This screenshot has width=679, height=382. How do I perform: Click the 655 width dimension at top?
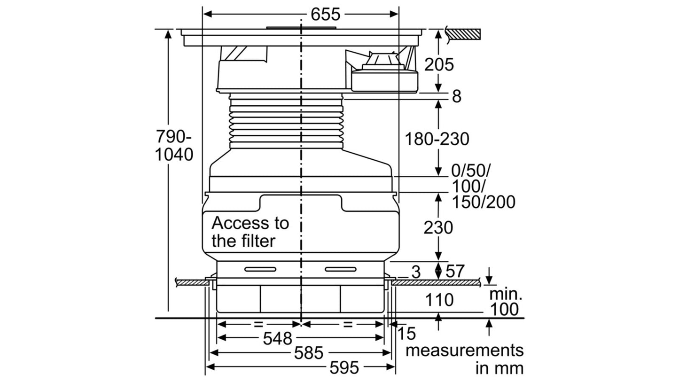(326, 14)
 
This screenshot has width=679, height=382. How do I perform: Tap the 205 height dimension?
(439, 64)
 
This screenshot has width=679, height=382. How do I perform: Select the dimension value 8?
(457, 96)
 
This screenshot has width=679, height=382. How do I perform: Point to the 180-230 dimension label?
(437, 139)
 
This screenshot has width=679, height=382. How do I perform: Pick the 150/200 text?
(484, 202)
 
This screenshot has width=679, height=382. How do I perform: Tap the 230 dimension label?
(438, 228)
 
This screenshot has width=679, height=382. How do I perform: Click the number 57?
(455, 271)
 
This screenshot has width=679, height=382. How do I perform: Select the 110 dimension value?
(439, 300)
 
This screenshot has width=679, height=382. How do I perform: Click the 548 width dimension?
(277, 338)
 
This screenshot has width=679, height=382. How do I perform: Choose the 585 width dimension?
(309, 353)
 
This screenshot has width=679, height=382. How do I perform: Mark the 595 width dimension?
(344, 368)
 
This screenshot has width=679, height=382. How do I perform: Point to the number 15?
(406, 334)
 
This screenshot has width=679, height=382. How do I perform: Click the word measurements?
(464, 351)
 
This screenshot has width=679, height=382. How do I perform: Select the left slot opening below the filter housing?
(260, 269)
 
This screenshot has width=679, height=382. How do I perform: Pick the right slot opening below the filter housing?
(340, 269)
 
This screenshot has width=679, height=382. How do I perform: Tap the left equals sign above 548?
(258, 324)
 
